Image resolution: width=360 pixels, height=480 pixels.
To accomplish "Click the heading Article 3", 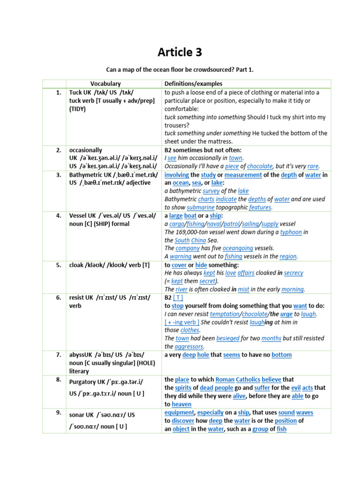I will click(180, 52).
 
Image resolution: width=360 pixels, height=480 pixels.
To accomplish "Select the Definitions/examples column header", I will click(193, 83).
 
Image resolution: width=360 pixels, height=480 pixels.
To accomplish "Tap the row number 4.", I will click(59, 216).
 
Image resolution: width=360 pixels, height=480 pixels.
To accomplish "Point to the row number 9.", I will click(59, 412).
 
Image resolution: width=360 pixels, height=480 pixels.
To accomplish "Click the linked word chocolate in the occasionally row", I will click(260, 166).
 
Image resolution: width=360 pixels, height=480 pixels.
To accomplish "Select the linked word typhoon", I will click(291, 232).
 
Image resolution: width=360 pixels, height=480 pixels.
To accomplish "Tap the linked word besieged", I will click(229, 338).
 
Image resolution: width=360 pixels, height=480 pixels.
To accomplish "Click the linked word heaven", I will click(181, 404).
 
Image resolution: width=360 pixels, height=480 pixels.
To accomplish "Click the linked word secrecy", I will click(293, 273).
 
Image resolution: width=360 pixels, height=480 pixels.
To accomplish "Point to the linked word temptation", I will click(224, 314).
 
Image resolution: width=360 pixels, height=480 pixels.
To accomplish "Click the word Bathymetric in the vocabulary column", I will click(88, 174).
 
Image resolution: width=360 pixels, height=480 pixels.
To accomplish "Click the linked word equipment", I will click(179, 412).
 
